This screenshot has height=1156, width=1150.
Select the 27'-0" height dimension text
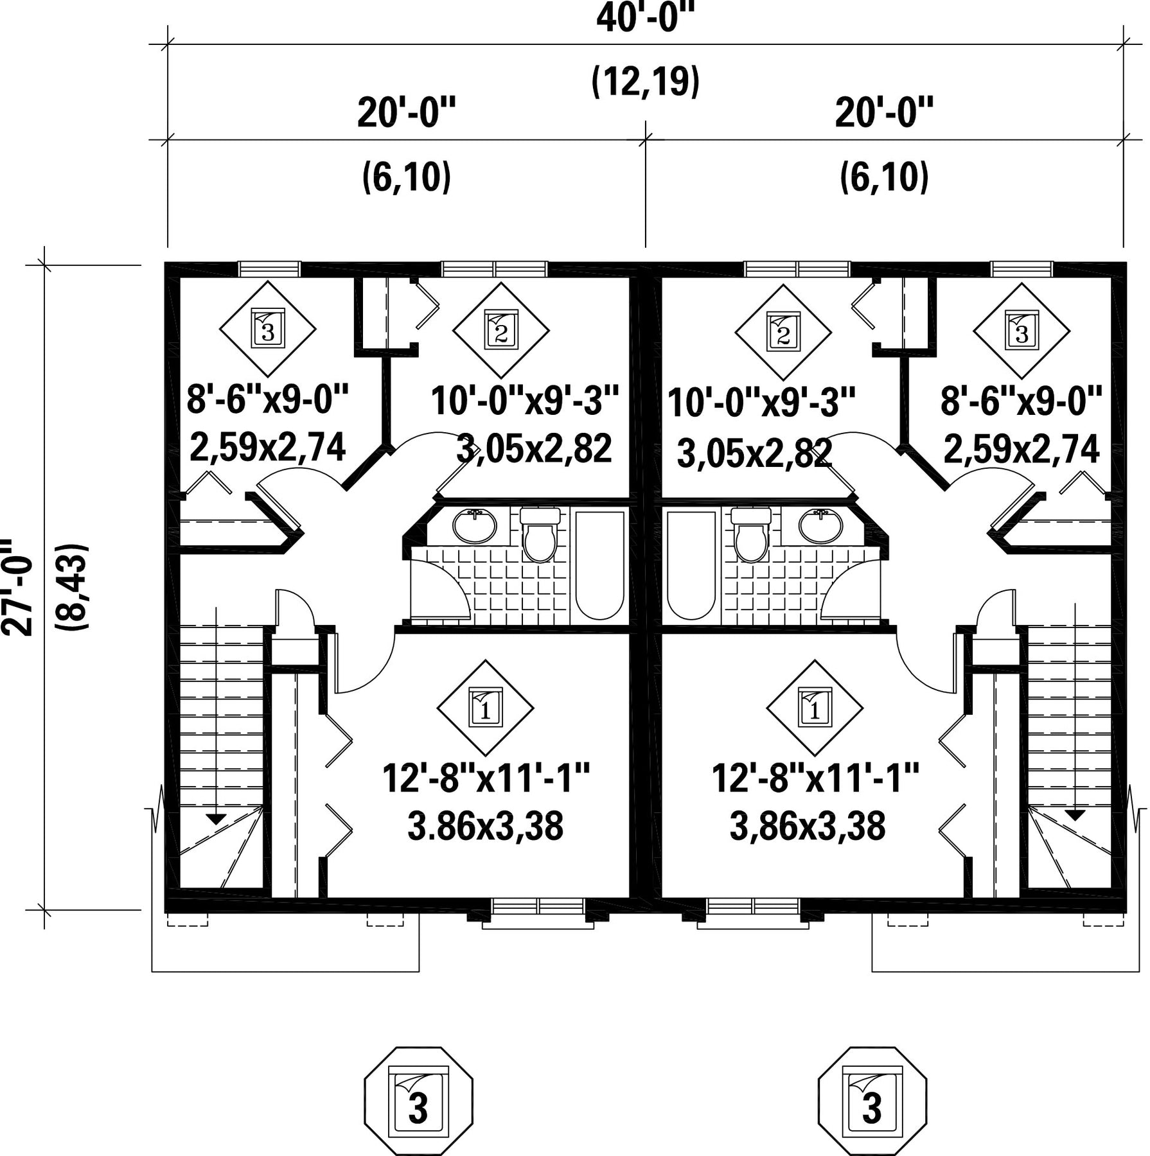pyautogui.click(x=17, y=588)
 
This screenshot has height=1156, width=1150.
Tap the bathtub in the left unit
pyautogui.click(x=599, y=565)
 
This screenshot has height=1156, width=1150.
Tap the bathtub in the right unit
pyautogui.click(x=691, y=565)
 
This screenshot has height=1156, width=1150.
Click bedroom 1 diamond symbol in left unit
pyautogui.click(x=485, y=708)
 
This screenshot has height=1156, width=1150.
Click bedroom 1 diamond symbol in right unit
pyautogui.click(x=815, y=708)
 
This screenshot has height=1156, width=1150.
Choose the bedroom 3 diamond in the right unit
pyautogui.click(x=1022, y=330)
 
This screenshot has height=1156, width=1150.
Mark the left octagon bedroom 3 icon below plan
pyautogui.click(x=419, y=1102)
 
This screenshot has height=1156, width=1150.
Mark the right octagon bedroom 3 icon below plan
pyautogui.click(x=872, y=1102)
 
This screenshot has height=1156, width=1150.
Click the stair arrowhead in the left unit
pyautogui.click(x=217, y=819)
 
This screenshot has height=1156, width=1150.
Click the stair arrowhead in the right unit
pyautogui.click(x=1074, y=816)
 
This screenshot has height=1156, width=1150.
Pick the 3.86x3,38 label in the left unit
pyautogui.click(x=485, y=826)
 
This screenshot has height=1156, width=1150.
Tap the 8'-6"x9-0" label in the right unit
pyautogui.click(x=1022, y=401)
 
